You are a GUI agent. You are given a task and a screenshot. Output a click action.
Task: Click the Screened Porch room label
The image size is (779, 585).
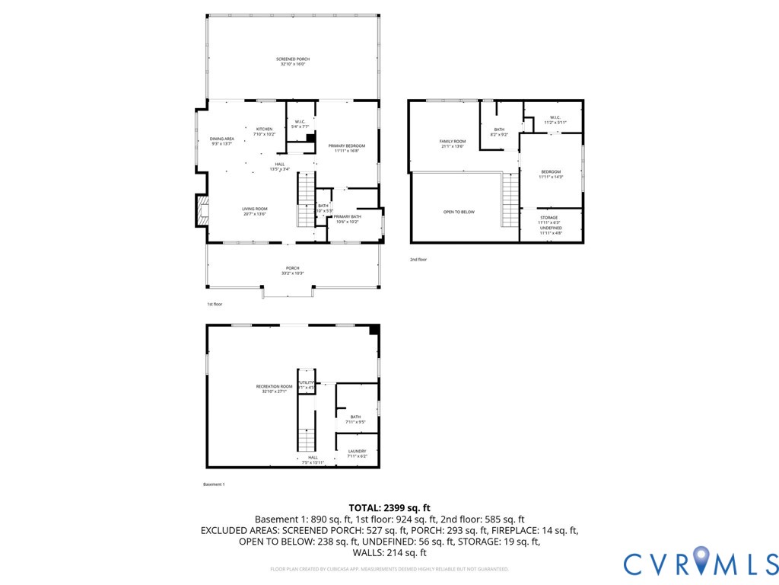[x=293, y=59]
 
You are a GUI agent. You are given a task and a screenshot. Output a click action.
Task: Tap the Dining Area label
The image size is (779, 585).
[x=222, y=139]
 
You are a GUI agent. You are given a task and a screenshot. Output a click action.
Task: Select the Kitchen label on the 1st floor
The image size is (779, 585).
[x=264, y=129]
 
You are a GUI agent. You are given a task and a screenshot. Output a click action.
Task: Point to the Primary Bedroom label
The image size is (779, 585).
[x=347, y=145]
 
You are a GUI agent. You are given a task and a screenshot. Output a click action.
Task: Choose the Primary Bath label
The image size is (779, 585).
[x=347, y=217]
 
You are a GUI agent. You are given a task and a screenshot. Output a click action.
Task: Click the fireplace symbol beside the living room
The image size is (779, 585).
[x=202, y=212]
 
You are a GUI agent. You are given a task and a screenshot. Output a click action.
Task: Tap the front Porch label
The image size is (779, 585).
[x=292, y=268]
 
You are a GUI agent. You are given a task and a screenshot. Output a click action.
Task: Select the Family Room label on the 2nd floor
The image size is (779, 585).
[x=452, y=142]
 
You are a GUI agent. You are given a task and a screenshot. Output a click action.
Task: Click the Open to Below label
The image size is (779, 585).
[x=459, y=212]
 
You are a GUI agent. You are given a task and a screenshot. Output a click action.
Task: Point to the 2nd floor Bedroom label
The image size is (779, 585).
[x=551, y=172]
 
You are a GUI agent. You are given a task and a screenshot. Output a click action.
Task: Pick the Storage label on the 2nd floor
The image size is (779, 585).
[x=549, y=218]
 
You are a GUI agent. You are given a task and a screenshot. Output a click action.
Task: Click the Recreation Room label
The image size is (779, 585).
[x=274, y=387]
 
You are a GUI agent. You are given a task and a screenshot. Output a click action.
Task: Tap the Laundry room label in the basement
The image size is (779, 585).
[x=357, y=452]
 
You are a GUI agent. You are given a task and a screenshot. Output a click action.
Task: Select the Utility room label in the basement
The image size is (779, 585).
[x=307, y=382]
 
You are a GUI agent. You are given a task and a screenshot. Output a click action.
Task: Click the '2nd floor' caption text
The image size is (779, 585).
[x=418, y=260]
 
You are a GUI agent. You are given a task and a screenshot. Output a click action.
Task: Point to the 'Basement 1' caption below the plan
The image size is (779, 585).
[x=214, y=484]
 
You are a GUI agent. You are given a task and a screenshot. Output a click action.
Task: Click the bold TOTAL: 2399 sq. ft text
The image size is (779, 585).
[x=389, y=507]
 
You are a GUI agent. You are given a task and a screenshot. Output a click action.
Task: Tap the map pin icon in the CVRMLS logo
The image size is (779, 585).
[x=701, y=561]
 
